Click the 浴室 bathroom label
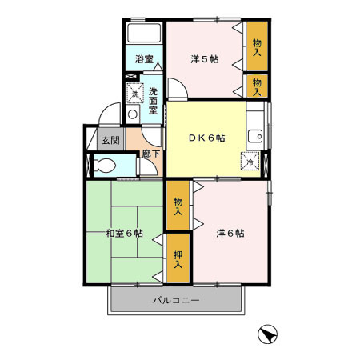click(x=143, y=59)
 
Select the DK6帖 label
click(x=206, y=138)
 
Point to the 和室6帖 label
click(x=124, y=234)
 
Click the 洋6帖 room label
click(x=230, y=234)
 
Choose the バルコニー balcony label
click(x=176, y=302)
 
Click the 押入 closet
click(x=178, y=258)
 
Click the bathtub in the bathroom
click(x=144, y=34)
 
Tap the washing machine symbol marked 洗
click(x=134, y=93)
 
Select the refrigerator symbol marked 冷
click(x=251, y=160)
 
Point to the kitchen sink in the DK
click(x=254, y=134)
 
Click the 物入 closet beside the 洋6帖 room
click(x=178, y=205)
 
